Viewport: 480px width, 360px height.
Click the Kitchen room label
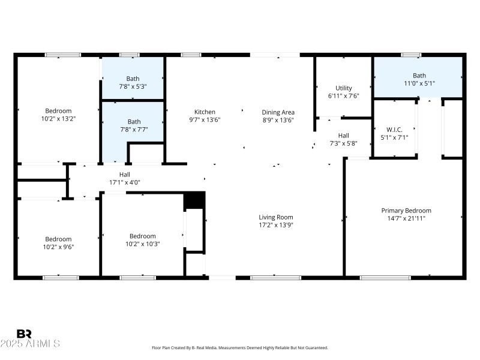205,112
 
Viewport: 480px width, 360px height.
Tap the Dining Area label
278,112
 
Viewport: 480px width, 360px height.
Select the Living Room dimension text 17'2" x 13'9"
275,225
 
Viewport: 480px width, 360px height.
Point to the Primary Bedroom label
406,211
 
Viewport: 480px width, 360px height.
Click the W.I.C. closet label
394,129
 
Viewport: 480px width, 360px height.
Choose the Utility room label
344,88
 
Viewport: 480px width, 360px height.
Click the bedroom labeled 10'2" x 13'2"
58,115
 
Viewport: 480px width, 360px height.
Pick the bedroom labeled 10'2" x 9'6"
58,242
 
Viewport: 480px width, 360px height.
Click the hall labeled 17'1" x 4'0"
124,178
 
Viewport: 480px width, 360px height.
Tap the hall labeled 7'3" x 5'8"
343,139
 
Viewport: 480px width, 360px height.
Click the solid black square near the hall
194,200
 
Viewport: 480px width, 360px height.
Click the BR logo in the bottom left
25,334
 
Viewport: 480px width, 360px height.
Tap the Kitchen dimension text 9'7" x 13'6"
205,119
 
